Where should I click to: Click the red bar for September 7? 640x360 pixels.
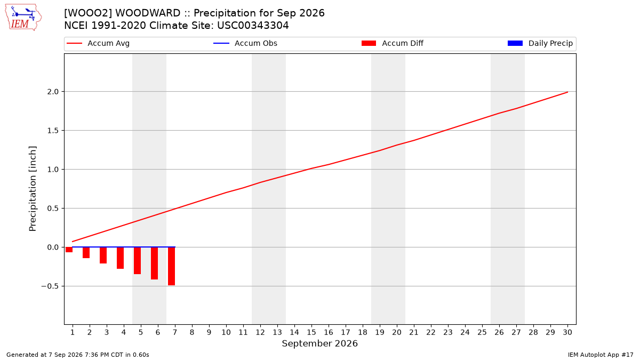(x=171, y=266)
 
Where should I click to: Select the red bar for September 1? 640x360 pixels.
(x=69, y=250)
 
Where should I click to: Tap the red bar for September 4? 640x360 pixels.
(x=121, y=258)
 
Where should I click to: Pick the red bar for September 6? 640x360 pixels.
(x=154, y=263)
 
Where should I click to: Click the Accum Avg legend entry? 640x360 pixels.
(x=98, y=43)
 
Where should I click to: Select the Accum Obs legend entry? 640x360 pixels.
(x=245, y=43)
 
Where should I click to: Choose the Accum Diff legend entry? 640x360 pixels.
(x=393, y=43)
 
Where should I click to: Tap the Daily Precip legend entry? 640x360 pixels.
(x=540, y=43)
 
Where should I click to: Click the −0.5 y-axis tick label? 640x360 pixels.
(x=50, y=286)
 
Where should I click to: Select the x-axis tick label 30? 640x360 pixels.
(x=567, y=332)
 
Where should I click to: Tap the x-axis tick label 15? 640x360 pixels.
(x=311, y=332)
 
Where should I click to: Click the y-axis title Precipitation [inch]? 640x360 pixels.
(x=33, y=189)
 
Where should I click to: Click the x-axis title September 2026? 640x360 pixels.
(x=319, y=343)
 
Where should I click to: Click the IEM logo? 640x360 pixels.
(x=23, y=18)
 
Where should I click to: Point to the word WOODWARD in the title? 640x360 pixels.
(x=148, y=13)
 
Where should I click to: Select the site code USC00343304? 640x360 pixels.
(x=253, y=26)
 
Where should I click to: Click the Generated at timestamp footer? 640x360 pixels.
(x=78, y=355)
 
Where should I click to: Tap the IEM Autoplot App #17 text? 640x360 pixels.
(x=601, y=355)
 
